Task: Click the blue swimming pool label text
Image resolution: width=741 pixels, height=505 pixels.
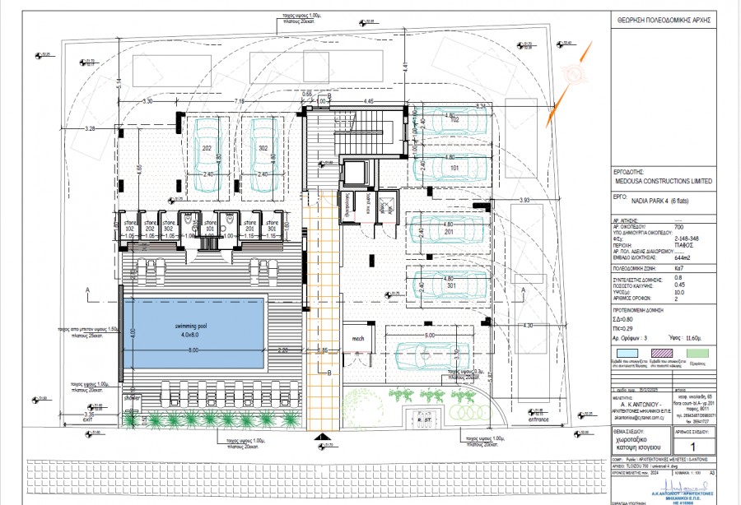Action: pos(193,327)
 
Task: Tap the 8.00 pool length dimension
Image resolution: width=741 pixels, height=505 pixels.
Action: pos(193,351)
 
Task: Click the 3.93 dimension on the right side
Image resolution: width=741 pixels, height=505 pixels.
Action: pos(524,200)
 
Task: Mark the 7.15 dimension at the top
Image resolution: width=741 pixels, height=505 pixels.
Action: pos(240,100)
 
